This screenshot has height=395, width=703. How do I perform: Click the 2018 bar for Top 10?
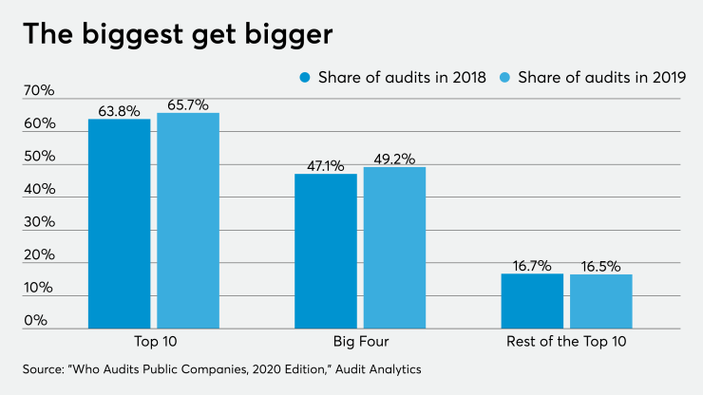(119, 223)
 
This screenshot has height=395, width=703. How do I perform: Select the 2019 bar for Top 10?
(188, 220)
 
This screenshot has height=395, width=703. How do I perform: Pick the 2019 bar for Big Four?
(394, 247)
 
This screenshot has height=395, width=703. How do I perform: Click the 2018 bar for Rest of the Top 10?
(532, 300)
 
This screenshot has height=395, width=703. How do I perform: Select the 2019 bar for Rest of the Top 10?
(601, 301)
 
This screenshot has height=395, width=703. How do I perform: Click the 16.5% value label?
(601, 265)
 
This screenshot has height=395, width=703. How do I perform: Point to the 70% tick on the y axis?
(38, 92)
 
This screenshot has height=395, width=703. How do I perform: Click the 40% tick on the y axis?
(38, 190)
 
